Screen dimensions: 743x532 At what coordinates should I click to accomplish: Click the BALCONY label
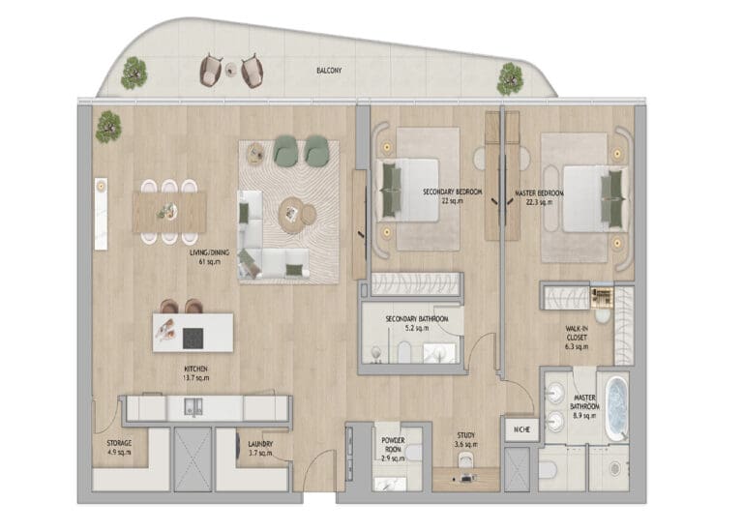pos(329,71)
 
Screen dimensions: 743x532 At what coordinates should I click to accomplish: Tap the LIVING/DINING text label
pos(209,252)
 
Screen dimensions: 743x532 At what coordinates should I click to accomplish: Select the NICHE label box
pos(521,429)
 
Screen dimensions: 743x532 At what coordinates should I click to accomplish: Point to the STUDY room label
pos(465,435)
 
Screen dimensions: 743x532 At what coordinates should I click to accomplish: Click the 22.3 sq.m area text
pos(539,202)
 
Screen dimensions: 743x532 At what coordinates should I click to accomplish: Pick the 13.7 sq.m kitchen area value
pos(195,378)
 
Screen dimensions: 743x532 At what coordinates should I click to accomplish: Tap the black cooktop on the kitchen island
pos(193,338)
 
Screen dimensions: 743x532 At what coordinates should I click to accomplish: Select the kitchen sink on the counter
pos(193,407)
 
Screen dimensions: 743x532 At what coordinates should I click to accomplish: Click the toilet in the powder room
pos(413,453)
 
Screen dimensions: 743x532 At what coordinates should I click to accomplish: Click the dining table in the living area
pos(169,212)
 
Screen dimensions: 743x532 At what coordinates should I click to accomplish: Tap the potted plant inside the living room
pos(108,127)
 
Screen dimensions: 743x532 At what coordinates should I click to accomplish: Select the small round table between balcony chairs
pos(231,70)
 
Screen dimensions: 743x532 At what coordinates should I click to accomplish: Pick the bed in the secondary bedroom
pos(408,190)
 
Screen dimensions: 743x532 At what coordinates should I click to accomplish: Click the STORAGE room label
pos(119,443)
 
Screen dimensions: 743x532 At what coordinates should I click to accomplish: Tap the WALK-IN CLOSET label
pos(577,334)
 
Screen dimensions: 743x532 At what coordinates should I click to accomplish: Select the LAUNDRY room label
pos(260,444)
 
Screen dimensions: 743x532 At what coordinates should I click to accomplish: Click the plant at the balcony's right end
pos(510,78)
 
